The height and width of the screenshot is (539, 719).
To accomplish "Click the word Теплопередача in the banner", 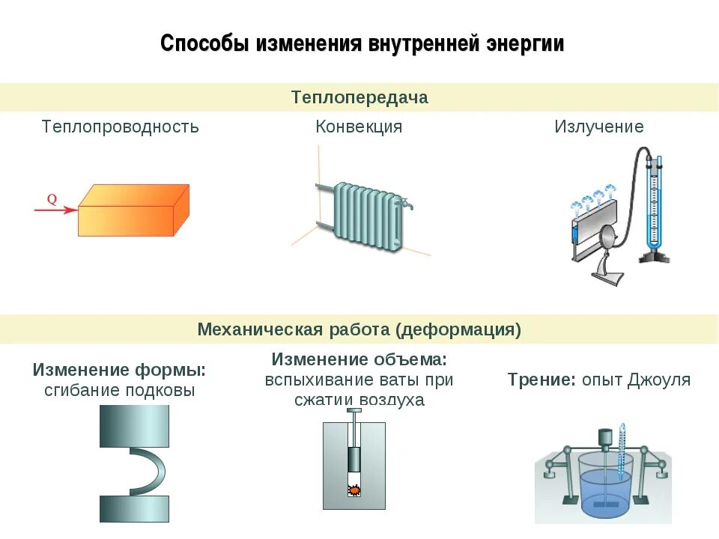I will click(359, 97).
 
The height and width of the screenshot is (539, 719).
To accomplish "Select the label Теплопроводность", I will click(121, 127).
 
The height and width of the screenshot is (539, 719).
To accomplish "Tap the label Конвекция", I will click(359, 127).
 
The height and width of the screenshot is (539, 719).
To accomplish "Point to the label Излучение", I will click(598, 127).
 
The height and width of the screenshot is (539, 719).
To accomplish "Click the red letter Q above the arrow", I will click(52, 199).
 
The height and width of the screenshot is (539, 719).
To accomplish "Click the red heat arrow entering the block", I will click(55, 210).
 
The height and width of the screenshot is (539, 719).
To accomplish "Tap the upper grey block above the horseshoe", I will click(135, 425).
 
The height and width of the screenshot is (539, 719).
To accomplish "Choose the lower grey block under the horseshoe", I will click(135, 509).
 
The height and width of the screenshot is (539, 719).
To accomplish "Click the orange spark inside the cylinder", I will click(354, 490).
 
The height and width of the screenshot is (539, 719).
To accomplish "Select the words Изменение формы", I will click(119, 370).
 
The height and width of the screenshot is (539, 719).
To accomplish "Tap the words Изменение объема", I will click(359, 359).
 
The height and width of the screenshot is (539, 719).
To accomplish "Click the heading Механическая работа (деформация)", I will click(359, 329).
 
